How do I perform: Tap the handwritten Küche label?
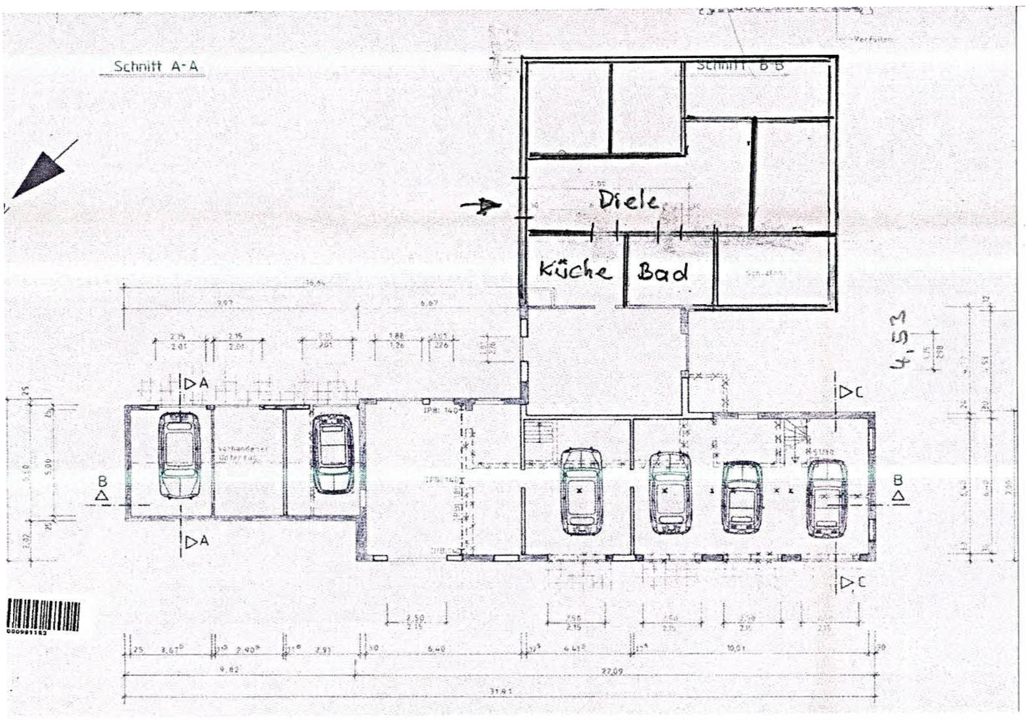point(575,270)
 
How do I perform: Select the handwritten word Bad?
point(663,272)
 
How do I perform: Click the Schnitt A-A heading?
point(156,66)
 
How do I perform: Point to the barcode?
point(44,615)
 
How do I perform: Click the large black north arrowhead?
point(40,173)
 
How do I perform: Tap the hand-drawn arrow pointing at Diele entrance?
point(481,206)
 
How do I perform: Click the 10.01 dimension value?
point(735,649)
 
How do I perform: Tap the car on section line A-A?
point(180,455)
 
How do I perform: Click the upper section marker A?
point(197,384)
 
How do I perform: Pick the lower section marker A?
point(197,541)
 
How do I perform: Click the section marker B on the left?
point(102,489)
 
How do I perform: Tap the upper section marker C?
point(851,392)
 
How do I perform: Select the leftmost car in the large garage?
point(580,490)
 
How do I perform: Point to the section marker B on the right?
point(898,488)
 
